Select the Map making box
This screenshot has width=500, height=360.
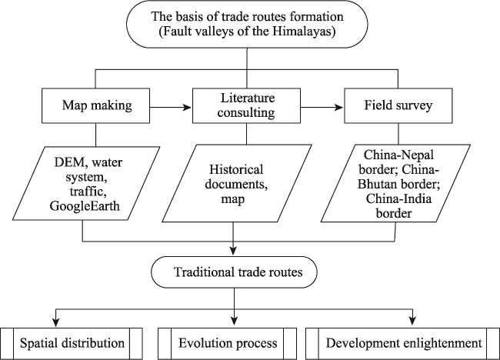95,105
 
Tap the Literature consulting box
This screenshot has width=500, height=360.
246,105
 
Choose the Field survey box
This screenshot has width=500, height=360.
398,105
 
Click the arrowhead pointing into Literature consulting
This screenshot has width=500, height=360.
187,108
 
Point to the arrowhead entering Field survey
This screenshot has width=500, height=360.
338,108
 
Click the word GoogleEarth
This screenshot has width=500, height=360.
85,206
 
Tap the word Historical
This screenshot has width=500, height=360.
236,169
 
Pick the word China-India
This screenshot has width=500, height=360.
398,198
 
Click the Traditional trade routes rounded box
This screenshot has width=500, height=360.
234,272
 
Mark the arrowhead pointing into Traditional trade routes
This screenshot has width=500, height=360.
234,250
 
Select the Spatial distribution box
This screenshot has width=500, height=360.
72,344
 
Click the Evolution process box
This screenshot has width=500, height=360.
228,344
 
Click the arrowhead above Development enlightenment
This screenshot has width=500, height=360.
413,320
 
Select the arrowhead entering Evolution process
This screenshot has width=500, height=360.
235,320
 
